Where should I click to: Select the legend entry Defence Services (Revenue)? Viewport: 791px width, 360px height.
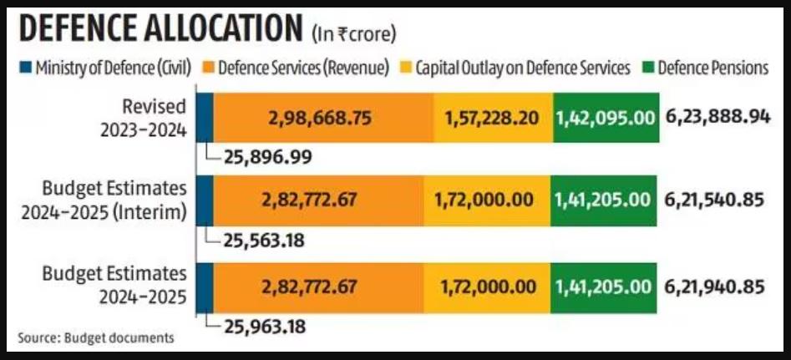pos(303,68)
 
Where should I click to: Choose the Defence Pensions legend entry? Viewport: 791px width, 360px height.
pos(712,68)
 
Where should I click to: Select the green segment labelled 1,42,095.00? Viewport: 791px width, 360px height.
pos(605,118)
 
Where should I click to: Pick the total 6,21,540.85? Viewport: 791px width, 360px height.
pos(716,201)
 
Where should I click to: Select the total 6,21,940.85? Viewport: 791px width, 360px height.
pos(716,286)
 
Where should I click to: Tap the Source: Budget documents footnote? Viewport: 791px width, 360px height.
pos(96,337)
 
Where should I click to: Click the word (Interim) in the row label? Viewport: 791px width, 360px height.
pos(158,212)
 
